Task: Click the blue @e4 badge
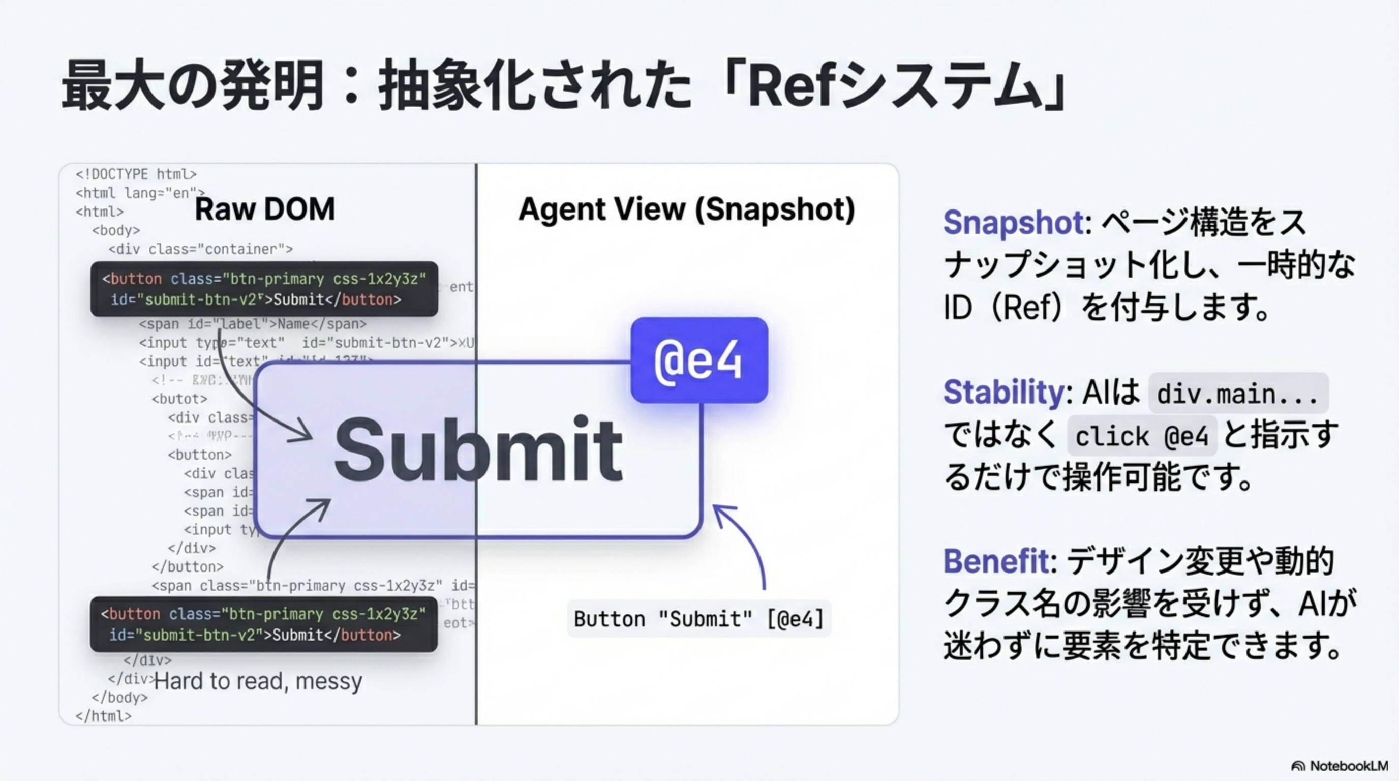(x=699, y=360)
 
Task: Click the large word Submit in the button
(x=478, y=449)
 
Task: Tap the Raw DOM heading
(x=264, y=209)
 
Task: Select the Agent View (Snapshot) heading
(x=686, y=209)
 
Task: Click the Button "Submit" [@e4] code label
(x=699, y=619)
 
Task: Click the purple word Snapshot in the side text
(x=1013, y=222)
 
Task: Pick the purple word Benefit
(x=995, y=560)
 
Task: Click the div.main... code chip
(x=1238, y=394)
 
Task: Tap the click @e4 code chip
(x=1142, y=436)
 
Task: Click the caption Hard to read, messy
(x=258, y=681)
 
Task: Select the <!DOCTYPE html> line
(x=136, y=174)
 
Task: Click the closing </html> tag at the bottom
(x=103, y=716)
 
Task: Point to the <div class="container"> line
(x=200, y=249)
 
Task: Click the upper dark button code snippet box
(x=264, y=289)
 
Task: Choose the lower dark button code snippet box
(x=263, y=624)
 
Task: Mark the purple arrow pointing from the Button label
(x=749, y=543)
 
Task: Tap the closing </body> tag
(x=119, y=698)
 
